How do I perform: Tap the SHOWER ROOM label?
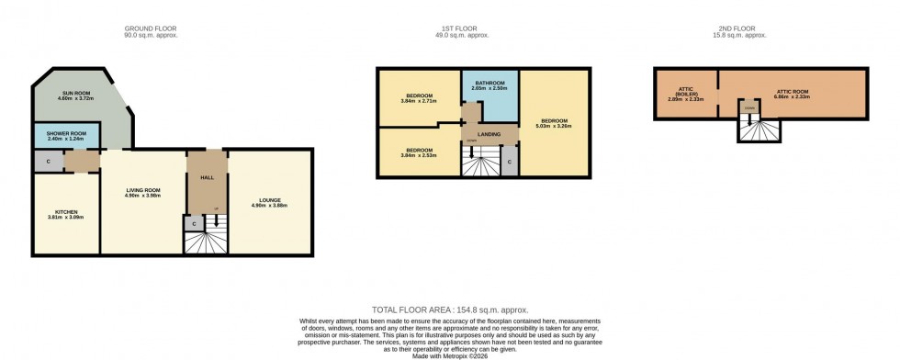pos(67,134)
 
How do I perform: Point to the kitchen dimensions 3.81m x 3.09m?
pos(65,218)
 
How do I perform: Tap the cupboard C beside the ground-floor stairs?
pos(194,223)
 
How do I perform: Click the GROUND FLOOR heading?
pos(152,29)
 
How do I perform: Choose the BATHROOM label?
pos(489,84)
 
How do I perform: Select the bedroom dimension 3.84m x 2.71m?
pos(419,100)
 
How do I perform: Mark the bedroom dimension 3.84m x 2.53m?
pos(419,154)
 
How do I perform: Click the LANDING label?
pos(489,134)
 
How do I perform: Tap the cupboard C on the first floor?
pos(510,164)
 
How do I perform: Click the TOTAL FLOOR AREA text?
pos(449,310)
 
